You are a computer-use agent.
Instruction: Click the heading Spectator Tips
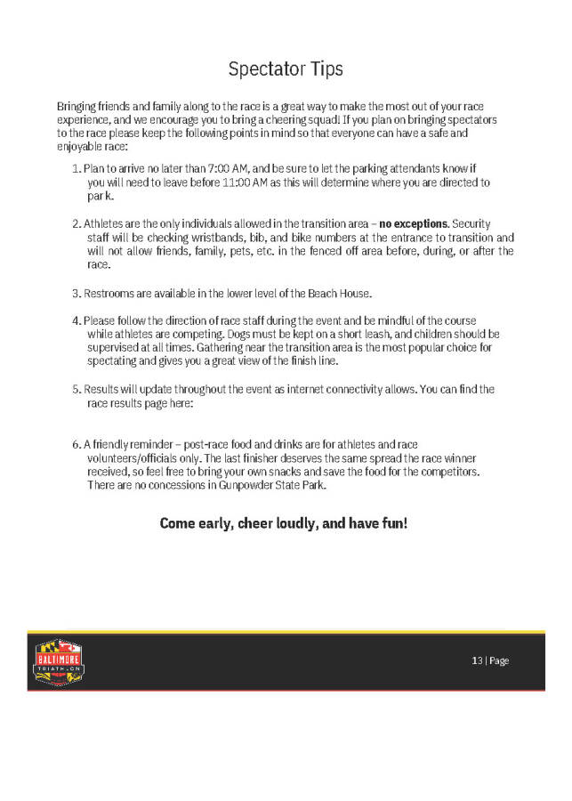point(286,69)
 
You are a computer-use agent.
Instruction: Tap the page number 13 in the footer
point(477,660)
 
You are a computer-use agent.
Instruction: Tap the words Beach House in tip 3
point(364,294)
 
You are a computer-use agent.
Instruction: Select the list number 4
point(75,320)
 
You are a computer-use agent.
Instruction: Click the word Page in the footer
point(499,660)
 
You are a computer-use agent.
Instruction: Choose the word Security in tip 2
point(471,224)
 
